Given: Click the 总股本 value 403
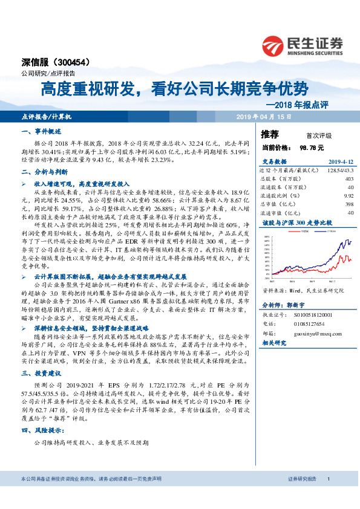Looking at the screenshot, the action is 349,179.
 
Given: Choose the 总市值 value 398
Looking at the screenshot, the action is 349,204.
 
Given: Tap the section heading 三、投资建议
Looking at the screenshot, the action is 38,375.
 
